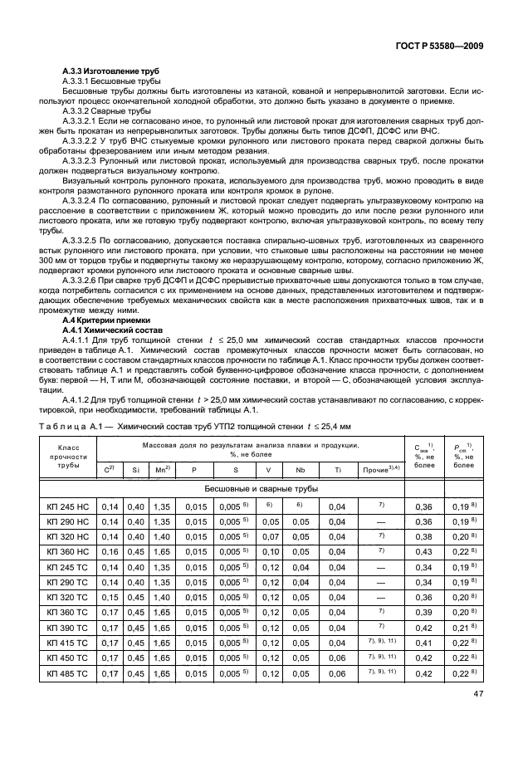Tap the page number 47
[478, 694]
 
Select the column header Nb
[301, 470]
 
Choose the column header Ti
[337, 470]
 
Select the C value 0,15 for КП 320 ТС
[109, 597]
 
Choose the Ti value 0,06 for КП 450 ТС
[337, 658]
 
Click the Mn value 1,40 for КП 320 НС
[163, 536]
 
